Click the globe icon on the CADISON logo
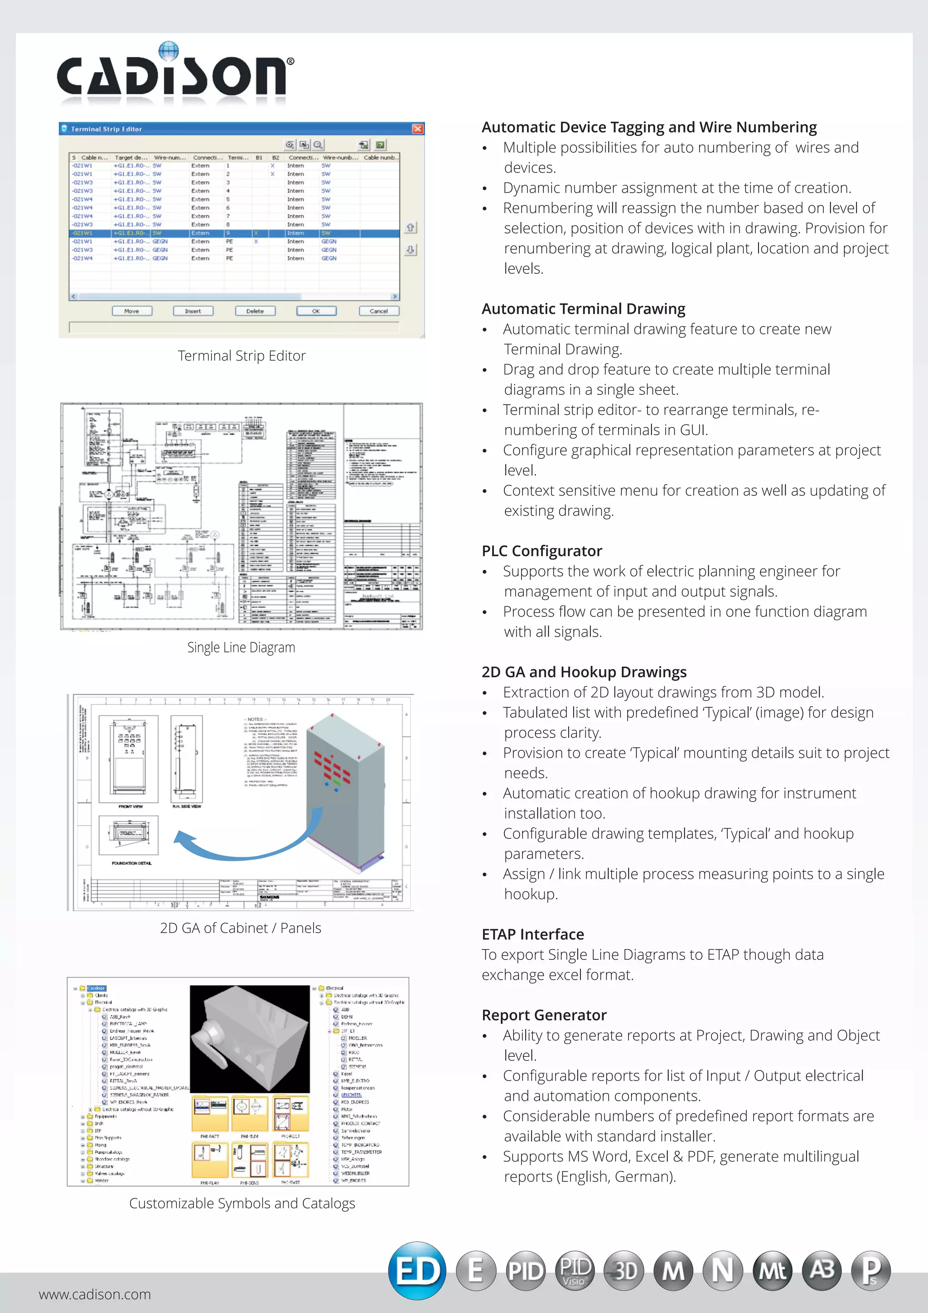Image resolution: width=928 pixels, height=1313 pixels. click(168, 50)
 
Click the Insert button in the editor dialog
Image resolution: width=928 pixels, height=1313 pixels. click(193, 311)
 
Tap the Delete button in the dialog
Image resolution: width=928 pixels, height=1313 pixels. click(255, 311)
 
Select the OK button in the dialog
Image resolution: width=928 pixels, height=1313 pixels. click(316, 311)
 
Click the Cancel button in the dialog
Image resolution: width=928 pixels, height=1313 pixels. click(378, 311)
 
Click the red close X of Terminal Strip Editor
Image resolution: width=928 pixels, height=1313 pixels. click(418, 129)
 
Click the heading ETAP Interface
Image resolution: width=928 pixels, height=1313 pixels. click(532, 934)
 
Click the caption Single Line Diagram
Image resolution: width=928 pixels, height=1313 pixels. click(241, 647)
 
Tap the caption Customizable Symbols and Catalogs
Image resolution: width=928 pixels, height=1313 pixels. click(242, 1203)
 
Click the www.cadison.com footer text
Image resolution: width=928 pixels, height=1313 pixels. click(95, 1294)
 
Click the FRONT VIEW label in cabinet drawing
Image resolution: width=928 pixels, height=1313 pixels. click(130, 806)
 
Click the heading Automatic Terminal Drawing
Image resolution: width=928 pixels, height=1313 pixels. click(583, 309)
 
